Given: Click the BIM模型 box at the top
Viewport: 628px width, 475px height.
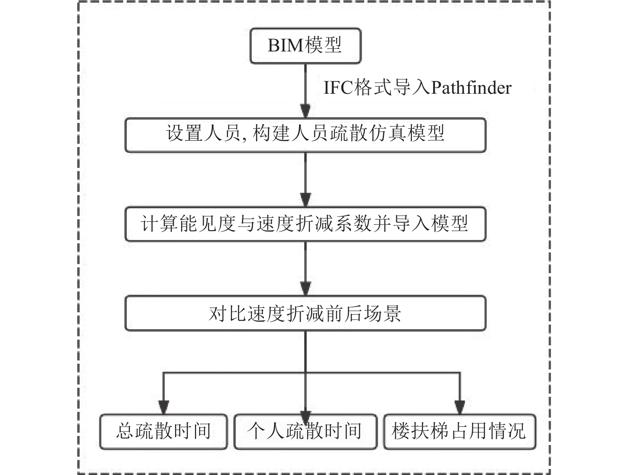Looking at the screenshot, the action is (305, 46).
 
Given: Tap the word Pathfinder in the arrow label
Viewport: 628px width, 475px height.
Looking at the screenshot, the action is (471, 88).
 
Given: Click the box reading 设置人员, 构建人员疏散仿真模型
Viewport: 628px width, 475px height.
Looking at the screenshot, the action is (305, 135).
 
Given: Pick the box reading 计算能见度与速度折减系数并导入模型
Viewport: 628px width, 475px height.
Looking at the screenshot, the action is (305, 224).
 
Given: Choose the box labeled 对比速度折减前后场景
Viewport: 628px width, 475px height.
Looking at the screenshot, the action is (305, 313).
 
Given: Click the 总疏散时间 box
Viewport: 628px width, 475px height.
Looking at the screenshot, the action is (163, 432).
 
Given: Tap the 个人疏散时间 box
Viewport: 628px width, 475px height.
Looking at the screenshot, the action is (305, 432).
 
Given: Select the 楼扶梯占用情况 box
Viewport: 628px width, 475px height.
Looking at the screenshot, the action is (459, 432).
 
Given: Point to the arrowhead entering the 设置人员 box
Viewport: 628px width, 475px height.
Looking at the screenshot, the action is (305, 111).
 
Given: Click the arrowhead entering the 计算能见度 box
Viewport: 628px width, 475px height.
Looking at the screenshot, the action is (305, 200).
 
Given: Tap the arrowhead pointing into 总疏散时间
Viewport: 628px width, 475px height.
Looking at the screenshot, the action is (163, 407).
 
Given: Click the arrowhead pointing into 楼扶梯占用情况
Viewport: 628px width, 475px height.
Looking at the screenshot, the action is (459, 407).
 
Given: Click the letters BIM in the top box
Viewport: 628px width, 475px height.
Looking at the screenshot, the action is (285, 45).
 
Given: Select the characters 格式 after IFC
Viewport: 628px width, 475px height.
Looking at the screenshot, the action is (373, 88).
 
